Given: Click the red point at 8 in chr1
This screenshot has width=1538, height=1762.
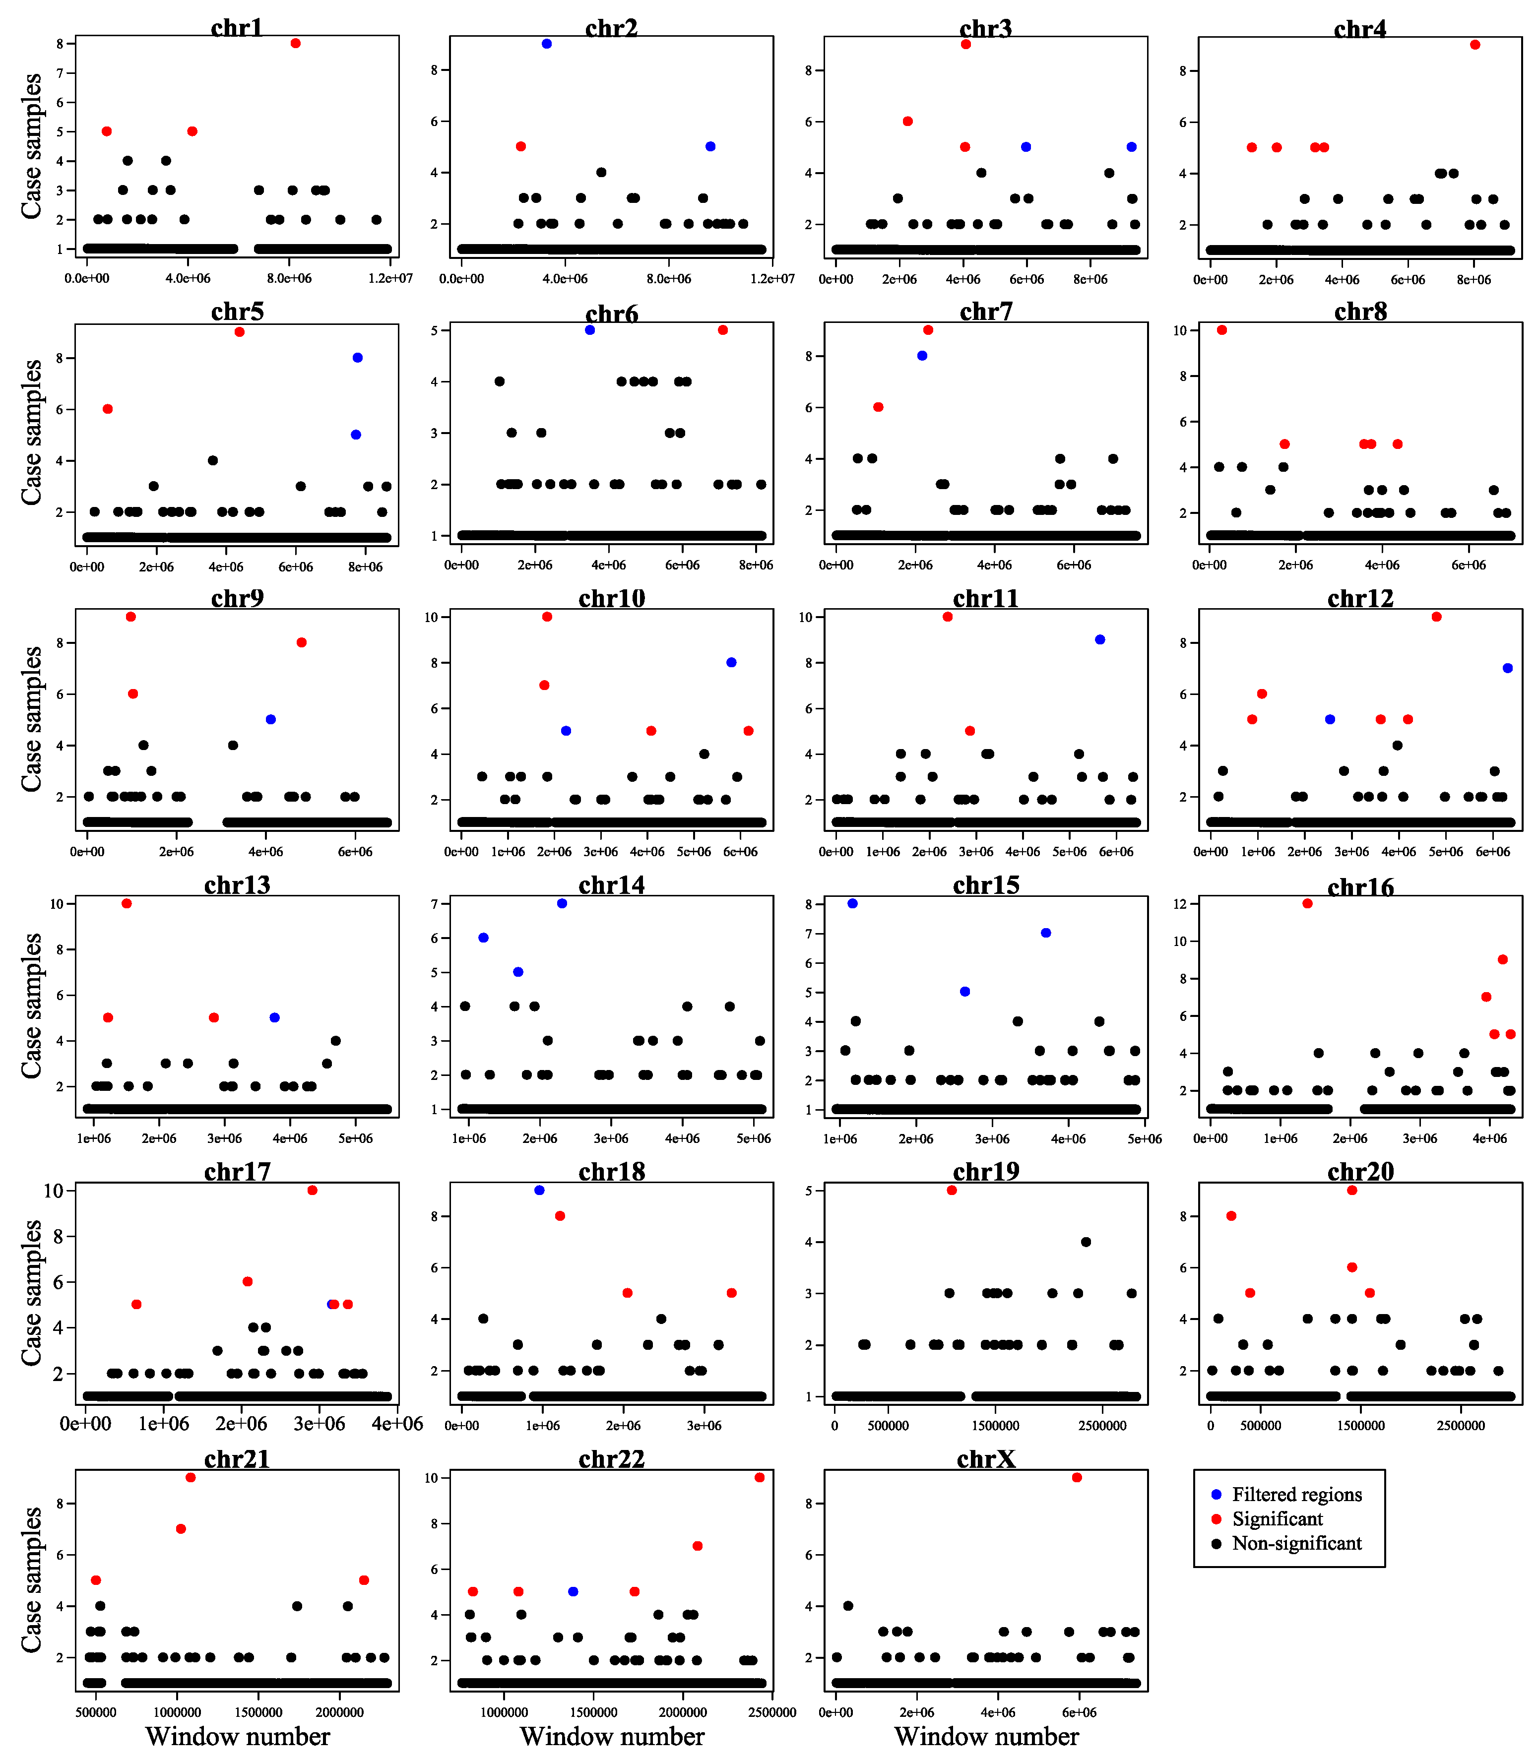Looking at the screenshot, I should tap(295, 43).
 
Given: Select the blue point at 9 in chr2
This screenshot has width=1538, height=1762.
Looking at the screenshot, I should tap(547, 44).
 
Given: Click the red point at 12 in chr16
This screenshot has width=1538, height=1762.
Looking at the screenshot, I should tap(1307, 904).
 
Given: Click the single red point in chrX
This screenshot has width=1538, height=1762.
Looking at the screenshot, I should tap(1077, 1478).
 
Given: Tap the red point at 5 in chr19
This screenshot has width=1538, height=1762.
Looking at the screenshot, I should tap(952, 1191).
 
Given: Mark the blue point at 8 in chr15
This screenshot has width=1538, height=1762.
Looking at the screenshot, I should tap(852, 904).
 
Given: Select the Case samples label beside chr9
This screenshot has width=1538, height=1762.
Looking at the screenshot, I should tap(33, 719).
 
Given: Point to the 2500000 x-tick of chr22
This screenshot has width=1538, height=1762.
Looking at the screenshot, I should tap(772, 1713).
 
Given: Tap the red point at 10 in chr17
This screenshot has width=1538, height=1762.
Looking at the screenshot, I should tap(313, 1191).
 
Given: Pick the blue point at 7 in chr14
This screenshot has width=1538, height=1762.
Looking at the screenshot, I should tap(562, 904).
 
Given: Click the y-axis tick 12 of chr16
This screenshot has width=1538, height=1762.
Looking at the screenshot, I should tap(1180, 904).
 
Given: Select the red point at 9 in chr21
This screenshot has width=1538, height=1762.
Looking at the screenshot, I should tap(191, 1478).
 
